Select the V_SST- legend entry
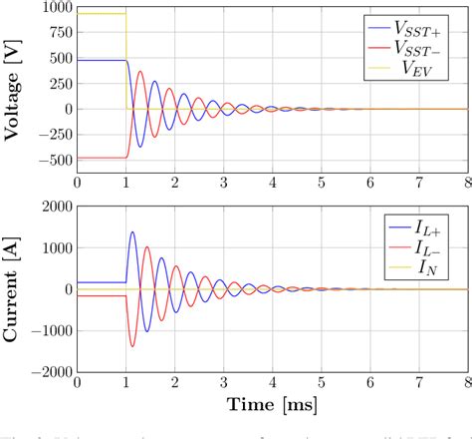pos(417,48)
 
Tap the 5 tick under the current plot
pos(321,384)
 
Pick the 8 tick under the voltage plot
pos(466,184)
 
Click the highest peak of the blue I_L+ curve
pos(132,232)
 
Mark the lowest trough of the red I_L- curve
pos(132,346)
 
